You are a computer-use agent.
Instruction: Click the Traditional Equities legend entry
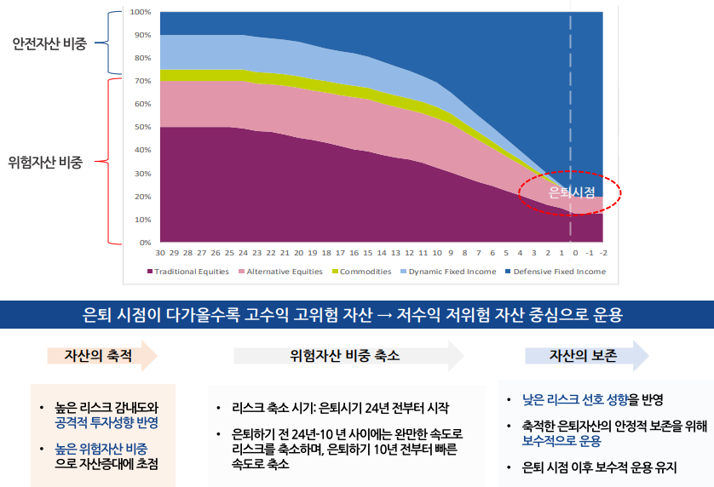[x=191, y=272]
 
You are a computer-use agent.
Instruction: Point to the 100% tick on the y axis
[x=140, y=12]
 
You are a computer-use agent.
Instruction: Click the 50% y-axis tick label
[x=141, y=127]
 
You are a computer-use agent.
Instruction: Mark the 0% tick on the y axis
[x=144, y=243]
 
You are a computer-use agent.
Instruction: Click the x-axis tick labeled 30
[x=160, y=253]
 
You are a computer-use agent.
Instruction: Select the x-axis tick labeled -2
[x=602, y=253]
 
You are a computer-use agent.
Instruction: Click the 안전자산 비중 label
[x=49, y=43]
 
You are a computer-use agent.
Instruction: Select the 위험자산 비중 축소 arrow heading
[x=344, y=356]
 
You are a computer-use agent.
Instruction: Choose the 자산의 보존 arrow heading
[x=584, y=356]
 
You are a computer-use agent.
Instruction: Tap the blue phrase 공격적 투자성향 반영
[x=107, y=422]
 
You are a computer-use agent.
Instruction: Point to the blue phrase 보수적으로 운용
[x=561, y=441]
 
